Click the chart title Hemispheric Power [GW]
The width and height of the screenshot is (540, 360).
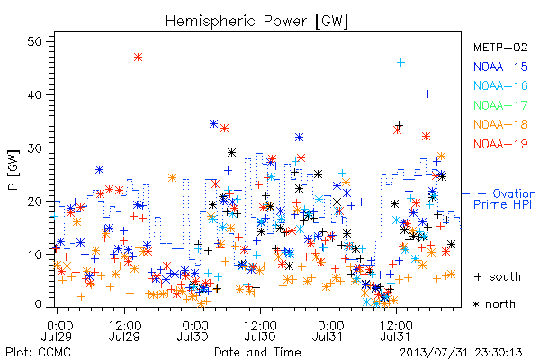(256, 22)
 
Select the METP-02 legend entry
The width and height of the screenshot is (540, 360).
(500, 47)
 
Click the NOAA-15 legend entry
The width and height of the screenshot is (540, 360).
(500, 67)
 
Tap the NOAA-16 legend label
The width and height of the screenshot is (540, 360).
(500, 85)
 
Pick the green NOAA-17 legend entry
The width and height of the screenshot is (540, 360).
(500, 105)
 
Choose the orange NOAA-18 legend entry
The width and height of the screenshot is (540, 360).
(500, 124)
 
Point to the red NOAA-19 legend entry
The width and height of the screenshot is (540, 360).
(500, 144)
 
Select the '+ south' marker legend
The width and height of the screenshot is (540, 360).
(498, 276)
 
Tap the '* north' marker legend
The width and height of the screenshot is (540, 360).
(494, 304)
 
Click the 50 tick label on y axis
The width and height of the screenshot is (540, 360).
(34, 41)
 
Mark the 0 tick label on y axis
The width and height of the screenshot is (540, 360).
(38, 304)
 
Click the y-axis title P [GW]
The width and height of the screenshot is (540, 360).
(13, 170)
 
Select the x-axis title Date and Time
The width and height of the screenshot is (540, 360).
(257, 352)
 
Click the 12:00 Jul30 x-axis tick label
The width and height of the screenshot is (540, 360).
(260, 330)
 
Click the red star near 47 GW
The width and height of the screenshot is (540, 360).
(138, 58)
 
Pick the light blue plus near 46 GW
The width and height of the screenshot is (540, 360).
(400, 63)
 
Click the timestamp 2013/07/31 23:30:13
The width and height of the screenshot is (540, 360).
(461, 353)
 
